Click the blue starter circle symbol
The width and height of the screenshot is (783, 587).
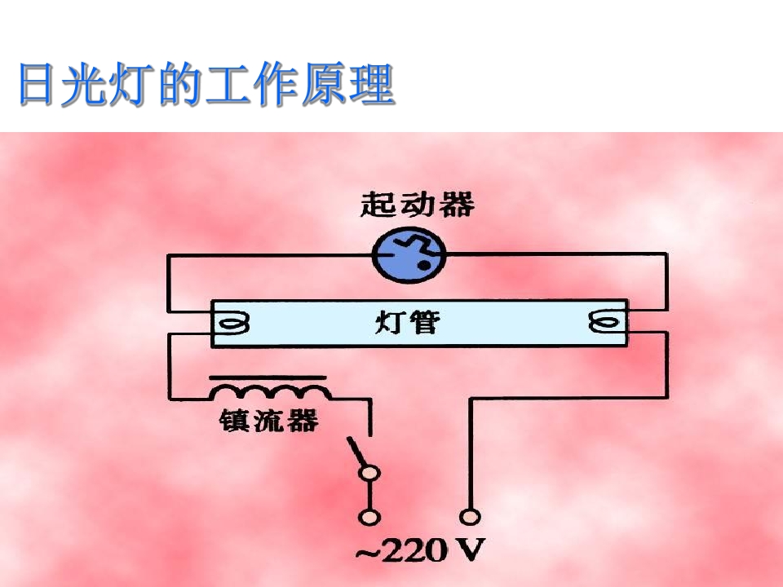(x=409, y=254)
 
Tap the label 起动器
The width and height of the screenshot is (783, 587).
(x=417, y=205)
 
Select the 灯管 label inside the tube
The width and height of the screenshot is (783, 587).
(x=408, y=323)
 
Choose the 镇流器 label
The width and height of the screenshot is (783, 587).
(x=268, y=421)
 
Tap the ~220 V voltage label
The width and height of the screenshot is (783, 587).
(x=420, y=550)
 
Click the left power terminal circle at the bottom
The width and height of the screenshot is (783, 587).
(x=369, y=517)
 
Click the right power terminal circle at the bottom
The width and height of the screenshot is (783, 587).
(x=470, y=517)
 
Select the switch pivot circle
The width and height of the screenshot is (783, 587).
(x=369, y=473)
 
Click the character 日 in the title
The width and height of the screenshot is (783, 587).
(x=37, y=84)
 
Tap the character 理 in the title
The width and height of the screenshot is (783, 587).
(x=372, y=85)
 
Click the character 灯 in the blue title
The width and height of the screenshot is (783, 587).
(x=131, y=85)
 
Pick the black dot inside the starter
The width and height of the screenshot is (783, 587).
(x=423, y=266)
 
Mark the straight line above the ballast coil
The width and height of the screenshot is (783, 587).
(x=268, y=377)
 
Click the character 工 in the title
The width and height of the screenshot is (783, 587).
(x=228, y=85)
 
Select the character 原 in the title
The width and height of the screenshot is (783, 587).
(x=324, y=85)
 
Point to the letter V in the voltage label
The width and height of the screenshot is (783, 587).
(x=470, y=550)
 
